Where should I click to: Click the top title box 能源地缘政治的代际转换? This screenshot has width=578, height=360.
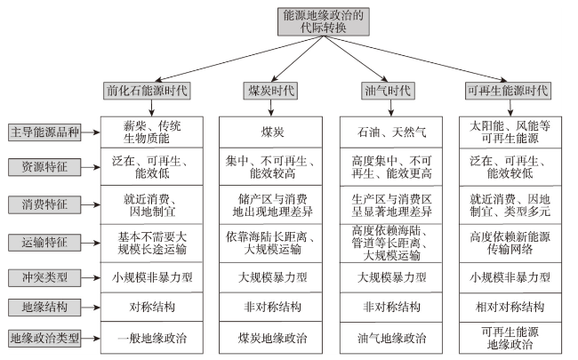pyautogui.click(x=324, y=21)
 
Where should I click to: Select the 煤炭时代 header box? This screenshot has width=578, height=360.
pyautogui.click(x=270, y=91)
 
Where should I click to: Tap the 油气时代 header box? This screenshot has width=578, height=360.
pyautogui.click(x=388, y=91)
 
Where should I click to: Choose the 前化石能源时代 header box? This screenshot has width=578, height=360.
pyautogui.click(x=147, y=91)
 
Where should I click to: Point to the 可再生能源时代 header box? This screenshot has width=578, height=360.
pyautogui.click(x=508, y=91)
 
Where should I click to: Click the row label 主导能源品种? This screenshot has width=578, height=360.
pyautogui.click(x=44, y=132)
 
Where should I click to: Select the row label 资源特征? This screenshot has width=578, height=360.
pyautogui.click(x=44, y=167)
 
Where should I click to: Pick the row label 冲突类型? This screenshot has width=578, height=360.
pyautogui.click(x=44, y=277)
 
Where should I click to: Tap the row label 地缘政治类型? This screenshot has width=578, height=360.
pyautogui.click(x=44, y=339)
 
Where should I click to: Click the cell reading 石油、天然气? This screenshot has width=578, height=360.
pyautogui.click(x=391, y=132)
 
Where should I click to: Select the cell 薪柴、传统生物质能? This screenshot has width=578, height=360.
pyautogui.click(x=152, y=132)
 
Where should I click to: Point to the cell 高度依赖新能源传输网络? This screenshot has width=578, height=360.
pyautogui.click(x=510, y=244)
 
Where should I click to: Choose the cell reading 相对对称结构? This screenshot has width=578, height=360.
pyautogui.click(x=510, y=308)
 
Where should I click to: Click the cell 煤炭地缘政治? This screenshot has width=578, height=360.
pyautogui.click(x=271, y=338)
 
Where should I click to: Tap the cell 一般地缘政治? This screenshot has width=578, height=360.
pyautogui.click(x=152, y=338)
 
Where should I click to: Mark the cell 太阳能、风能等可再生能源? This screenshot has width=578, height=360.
pyautogui.click(x=510, y=132)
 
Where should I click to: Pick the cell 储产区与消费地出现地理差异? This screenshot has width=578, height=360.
pyautogui.click(x=271, y=204)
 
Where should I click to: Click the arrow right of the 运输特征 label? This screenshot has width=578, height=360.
pyautogui.click(x=91, y=243)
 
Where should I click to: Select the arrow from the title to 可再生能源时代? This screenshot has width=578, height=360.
pyautogui.click(x=415, y=58)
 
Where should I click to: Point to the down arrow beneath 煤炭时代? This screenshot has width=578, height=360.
pyautogui.click(x=271, y=108)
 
